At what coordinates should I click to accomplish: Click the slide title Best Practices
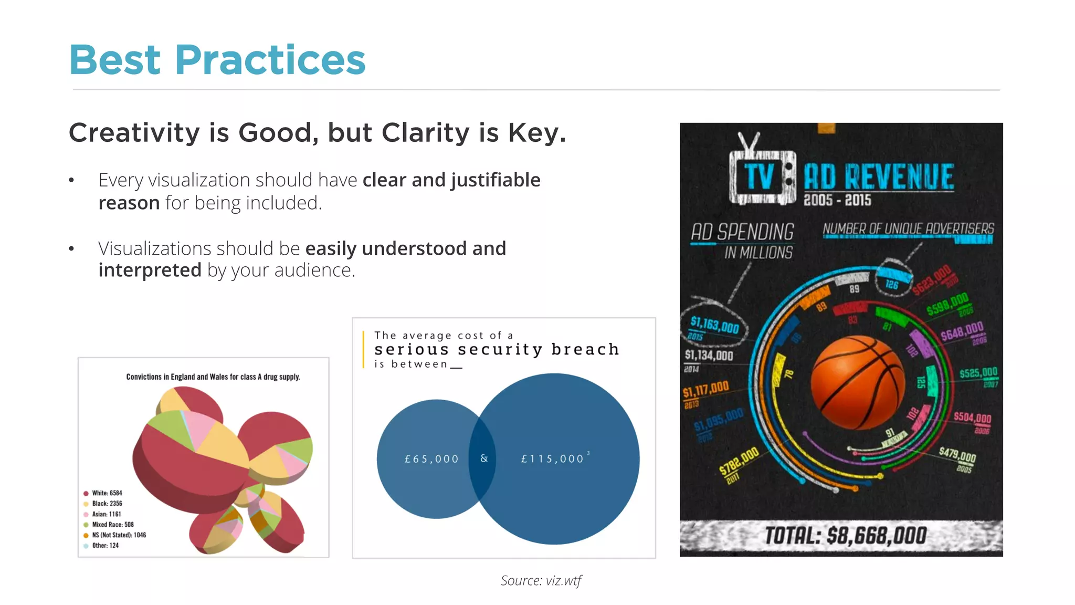[217, 60]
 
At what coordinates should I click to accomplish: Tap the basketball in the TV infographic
[858, 382]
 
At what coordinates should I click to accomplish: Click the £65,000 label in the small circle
[431, 459]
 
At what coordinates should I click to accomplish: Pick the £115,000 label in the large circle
[552, 459]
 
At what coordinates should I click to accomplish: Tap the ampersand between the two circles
[484, 458]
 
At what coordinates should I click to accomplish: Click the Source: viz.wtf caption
[541, 580]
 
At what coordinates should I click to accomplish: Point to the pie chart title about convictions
[213, 377]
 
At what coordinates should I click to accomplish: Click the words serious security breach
[497, 349]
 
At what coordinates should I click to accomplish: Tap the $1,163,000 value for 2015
[714, 326]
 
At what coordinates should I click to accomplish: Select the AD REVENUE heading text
[879, 176]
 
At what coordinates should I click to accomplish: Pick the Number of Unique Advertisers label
[908, 229]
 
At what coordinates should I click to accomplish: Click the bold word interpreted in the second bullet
[150, 270]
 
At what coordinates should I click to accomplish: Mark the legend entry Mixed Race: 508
[112, 525]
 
